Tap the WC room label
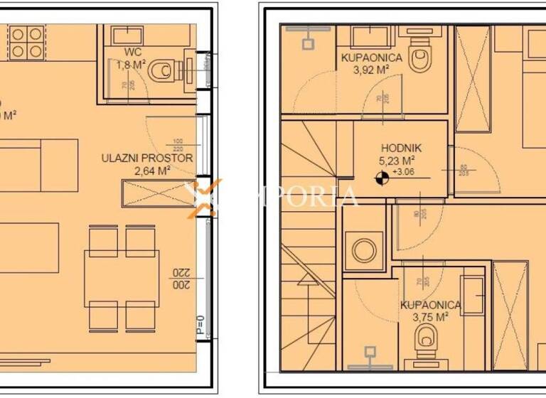132,53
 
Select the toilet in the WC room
168,70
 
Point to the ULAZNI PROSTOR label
147,158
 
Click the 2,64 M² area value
151,171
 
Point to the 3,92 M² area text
371,70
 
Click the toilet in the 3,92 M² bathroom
422,53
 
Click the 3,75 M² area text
431,317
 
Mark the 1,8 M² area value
132,65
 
